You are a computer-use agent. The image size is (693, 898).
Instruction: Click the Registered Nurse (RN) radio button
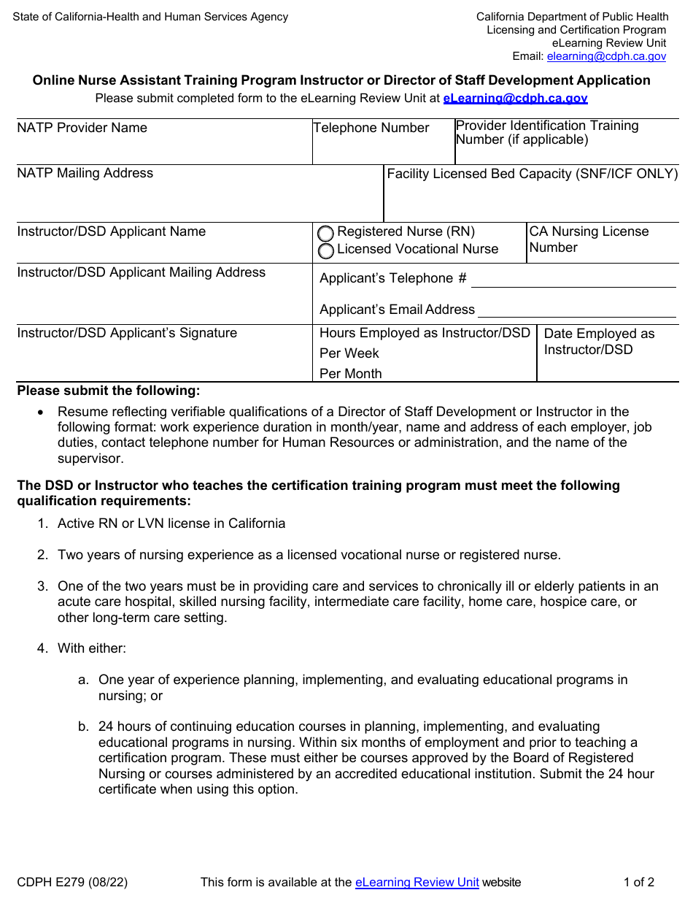click(326, 234)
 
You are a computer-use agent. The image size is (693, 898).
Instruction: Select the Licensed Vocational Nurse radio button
click(326, 251)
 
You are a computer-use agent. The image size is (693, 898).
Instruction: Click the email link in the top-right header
click(606, 56)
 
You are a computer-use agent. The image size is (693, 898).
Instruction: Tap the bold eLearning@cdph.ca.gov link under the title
click(515, 98)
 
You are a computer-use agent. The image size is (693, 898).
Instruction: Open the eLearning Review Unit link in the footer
click(417, 883)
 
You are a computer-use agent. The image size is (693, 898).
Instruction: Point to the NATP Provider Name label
click(82, 128)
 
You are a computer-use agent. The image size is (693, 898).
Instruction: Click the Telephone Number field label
click(371, 128)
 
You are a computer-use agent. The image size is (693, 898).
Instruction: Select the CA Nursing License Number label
click(588, 239)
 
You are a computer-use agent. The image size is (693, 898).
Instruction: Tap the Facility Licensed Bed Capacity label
click(532, 174)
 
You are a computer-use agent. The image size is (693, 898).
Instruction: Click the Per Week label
click(349, 353)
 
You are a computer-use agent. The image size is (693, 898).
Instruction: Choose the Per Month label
click(351, 374)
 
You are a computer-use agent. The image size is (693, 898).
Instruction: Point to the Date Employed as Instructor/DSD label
click(599, 342)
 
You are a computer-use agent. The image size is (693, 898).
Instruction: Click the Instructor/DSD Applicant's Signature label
click(127, 334)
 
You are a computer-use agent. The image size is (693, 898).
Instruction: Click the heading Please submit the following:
click(109, 391)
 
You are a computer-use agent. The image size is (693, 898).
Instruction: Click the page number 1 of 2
click(638, 883)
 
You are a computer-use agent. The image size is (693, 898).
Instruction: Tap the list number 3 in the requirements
click(42, 586)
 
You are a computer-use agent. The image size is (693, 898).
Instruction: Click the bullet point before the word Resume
click(41, 412)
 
